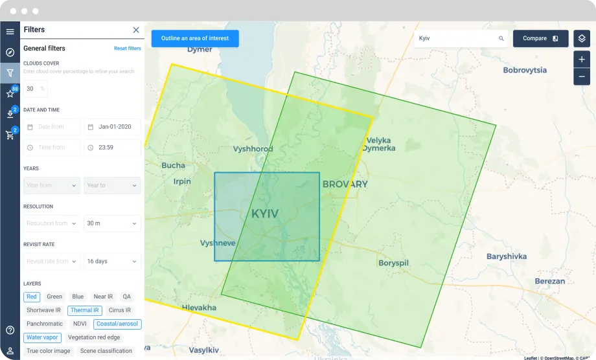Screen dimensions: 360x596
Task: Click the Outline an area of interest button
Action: [195, 38]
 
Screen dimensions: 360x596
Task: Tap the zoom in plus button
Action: [581, 60]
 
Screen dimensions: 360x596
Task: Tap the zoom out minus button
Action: [581, 76]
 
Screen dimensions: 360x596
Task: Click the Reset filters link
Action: [127, 49]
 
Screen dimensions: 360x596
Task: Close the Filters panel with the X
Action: [136, 30]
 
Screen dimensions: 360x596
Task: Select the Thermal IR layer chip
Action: [85, 310]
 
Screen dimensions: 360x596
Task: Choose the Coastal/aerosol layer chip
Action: [117, 324]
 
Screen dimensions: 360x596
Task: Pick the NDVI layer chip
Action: [80, 324]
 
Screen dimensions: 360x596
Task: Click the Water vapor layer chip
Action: [43, 337]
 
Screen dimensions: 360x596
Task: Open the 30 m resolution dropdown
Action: [112, 223]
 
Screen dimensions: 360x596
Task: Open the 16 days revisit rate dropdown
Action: [112, 261]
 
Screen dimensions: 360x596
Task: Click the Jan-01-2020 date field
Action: [112, 127]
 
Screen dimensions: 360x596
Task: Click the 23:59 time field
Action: [112, 148]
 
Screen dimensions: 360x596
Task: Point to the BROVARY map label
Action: [345, 184]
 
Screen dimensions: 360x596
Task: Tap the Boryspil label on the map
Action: [395, 263]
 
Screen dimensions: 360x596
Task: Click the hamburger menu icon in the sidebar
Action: [10, 31]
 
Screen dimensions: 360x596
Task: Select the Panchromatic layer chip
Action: [45, 324]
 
